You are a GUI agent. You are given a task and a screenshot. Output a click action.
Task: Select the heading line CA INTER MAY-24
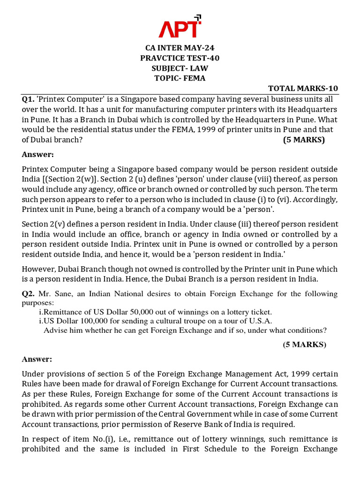180,48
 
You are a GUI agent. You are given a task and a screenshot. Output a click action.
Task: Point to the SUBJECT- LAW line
180,68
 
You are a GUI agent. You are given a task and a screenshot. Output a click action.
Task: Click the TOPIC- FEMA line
180,78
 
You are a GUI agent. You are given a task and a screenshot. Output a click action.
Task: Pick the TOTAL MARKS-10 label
303,89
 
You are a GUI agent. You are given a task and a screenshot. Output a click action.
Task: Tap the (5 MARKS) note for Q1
304,140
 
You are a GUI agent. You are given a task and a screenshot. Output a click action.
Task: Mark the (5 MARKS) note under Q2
304,345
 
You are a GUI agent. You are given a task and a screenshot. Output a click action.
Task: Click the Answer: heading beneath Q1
38,154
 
